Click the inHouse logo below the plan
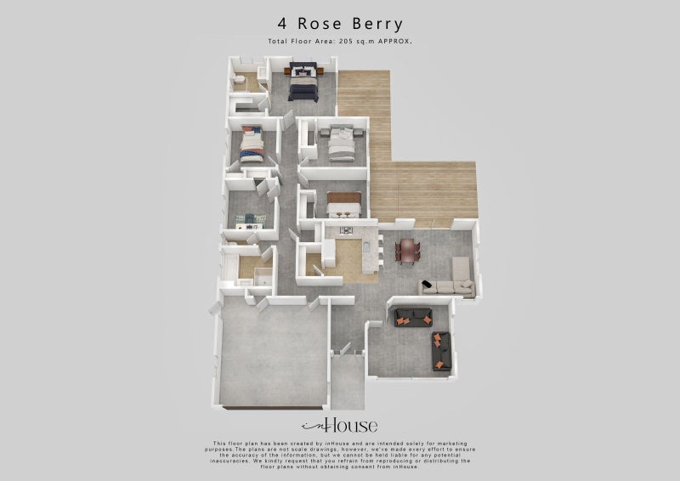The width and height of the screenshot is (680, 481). [x=340, y=425]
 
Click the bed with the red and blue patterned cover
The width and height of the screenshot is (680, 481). [x=252, y=145]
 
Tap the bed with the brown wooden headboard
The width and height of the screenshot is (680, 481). [x=345, y=205]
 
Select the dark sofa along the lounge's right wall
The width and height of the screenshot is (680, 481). [x=437, y=348]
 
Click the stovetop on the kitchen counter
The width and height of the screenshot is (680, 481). [x=345, y=230]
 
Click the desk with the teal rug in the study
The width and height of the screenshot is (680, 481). [x=253, y=219]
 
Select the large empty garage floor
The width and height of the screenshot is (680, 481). [x=272, y=357]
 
